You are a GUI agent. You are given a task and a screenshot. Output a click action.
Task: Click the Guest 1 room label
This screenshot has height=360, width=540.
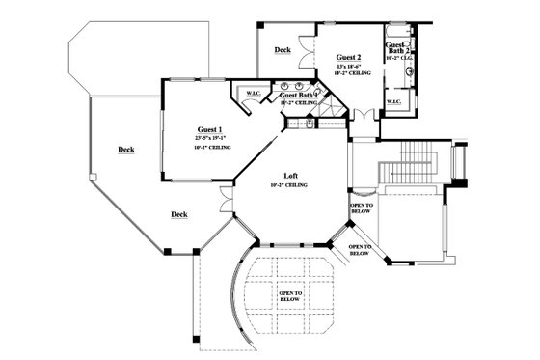[x=210, y=129]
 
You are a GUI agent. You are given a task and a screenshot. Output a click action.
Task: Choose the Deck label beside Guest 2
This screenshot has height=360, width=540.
[x=283, y=49]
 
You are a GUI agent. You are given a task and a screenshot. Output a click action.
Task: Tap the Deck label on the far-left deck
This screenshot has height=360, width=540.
[x=125, y=150]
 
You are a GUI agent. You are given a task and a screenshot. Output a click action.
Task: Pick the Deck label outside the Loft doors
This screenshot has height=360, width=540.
[x=178, y=214]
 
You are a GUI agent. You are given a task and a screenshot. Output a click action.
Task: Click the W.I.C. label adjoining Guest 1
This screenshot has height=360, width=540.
[x=254, y=94]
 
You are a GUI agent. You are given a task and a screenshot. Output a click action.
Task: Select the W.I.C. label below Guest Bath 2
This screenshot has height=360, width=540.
[x=394, y=101]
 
